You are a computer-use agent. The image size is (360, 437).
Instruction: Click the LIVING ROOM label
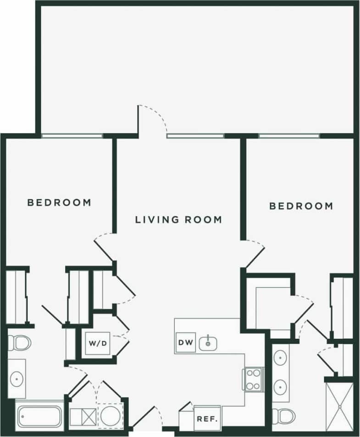[x=178, y=219]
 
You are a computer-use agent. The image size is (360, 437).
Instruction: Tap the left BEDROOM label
[x=59, y=202]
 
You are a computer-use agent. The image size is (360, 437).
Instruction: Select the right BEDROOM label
[x=301, y=206]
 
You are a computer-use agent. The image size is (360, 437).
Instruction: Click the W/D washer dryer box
[x=98, y=343]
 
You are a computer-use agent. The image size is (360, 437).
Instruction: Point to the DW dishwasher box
[x=186, y=342]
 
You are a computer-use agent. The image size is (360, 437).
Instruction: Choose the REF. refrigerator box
[x=207, y=419]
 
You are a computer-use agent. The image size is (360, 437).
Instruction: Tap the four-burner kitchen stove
[x=253, y=379]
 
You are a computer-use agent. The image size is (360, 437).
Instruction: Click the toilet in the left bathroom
[x=18, y=342]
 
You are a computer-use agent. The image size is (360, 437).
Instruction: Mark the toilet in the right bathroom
[x=280, y=416]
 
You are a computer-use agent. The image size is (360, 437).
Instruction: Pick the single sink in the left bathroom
[x=17, y=379]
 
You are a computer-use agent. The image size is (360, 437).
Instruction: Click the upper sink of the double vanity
[x=280, y=358]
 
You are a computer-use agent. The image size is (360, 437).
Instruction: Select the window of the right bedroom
[x=289, y=136]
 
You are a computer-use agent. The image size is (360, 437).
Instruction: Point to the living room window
[x=195, y=136]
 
